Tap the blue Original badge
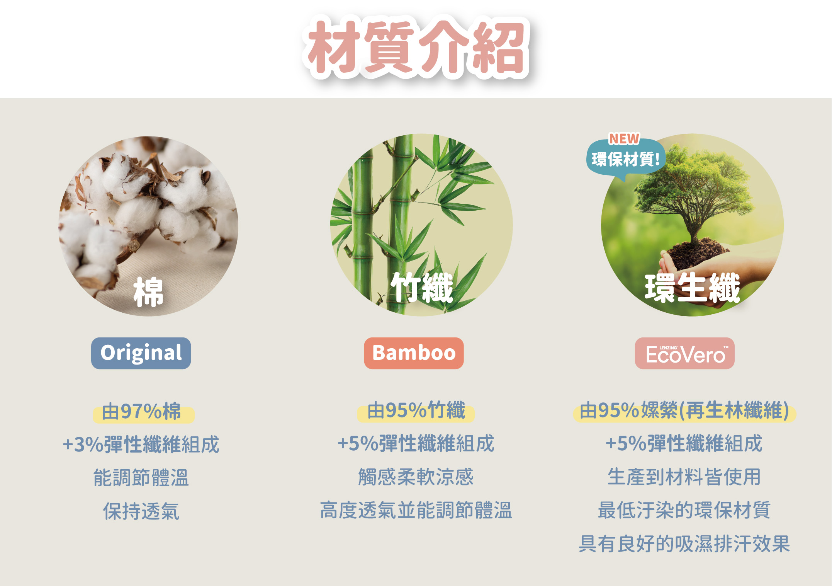141,353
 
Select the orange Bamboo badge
414,353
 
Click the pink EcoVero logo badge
685,353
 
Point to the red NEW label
624,138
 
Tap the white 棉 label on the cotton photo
148,292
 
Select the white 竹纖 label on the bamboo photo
422,287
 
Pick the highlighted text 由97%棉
141,411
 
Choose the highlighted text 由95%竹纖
416,410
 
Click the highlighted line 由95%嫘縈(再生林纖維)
684,410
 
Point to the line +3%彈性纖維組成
141,444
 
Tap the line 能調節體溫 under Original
141,477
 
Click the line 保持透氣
141,511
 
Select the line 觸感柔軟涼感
416,477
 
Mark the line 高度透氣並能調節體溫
416,510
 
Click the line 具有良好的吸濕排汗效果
684,544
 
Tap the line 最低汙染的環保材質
684,510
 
